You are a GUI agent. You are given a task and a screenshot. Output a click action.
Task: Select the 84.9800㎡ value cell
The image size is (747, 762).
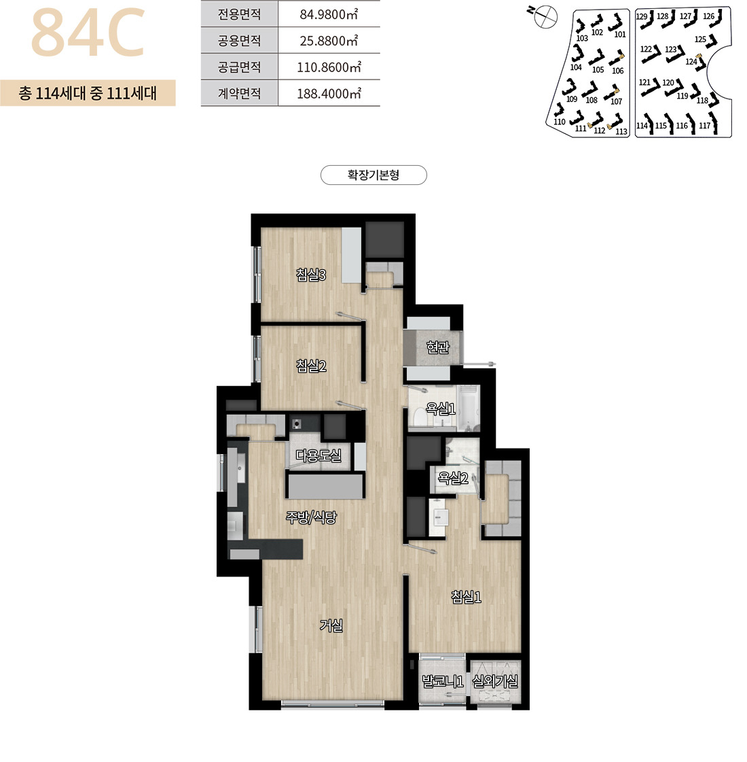click(x=329, y=14)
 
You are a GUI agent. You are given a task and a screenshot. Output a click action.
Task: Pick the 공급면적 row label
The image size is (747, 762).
click(x=239, y=67)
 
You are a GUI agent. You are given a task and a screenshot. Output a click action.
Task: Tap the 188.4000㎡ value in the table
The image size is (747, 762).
click(x=329, y=93)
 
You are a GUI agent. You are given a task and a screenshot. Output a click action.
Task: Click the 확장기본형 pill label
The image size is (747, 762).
click(x=373, y=175)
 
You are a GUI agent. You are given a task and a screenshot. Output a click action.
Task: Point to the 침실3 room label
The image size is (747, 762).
click(x=311, y=275)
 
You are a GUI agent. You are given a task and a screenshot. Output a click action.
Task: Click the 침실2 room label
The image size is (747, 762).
click(x=311, y=366)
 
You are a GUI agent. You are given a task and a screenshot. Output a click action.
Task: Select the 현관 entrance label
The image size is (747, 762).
click(x=438, y=347)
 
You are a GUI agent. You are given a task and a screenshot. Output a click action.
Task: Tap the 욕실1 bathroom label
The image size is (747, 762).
click(x=440, y=409)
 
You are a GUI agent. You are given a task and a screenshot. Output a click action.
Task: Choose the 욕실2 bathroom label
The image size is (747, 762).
click(x=453, y=478)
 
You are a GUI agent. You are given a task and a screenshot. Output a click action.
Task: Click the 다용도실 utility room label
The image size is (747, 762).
click(x=318, y=455)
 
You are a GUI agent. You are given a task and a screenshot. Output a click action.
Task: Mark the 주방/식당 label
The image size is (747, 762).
click(x=310, y=517)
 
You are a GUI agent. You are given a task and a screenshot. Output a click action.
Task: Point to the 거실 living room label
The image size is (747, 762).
click(x=331, y=625)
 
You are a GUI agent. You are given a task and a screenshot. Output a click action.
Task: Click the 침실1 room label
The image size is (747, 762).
click(x=466, y=597)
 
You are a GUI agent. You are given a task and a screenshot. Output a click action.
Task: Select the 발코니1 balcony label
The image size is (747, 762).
click(x=443, y=681)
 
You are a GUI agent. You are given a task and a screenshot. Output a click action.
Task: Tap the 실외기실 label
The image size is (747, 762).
click(x=495, y=681)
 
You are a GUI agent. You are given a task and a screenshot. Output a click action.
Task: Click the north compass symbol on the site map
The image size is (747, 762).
click(x=545, y=17)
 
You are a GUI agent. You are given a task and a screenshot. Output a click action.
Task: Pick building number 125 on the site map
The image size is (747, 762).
click(x=700, y=39)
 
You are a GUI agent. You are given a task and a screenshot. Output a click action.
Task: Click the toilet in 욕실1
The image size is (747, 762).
click(x=418, y=417)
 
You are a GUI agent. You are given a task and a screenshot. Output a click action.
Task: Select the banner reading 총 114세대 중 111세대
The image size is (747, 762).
click(x=88, y=93)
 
